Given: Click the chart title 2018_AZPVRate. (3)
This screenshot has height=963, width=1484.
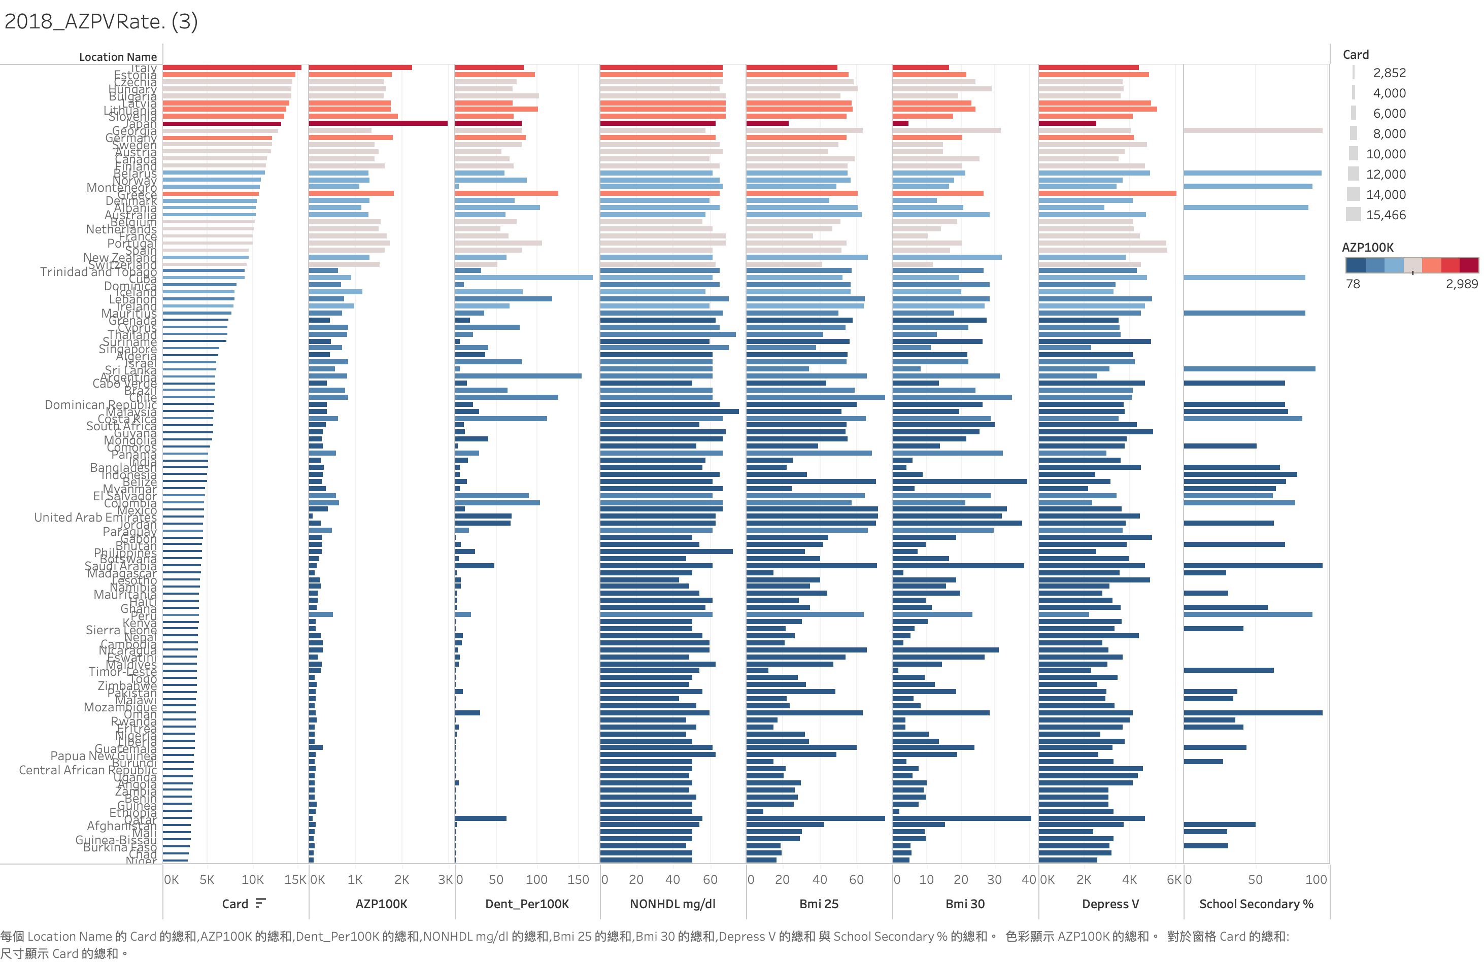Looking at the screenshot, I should click(101, 22).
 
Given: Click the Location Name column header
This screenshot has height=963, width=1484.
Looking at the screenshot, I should click(118, 57).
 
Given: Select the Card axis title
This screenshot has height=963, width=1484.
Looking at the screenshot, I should click(235, 904).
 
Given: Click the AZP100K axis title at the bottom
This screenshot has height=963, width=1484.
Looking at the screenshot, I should click(381, 904).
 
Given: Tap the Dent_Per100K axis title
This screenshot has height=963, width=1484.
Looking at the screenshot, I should click(527, 904).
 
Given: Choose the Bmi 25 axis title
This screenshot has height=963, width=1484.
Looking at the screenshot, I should click(819, 904).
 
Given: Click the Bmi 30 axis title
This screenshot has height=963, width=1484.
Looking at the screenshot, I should click(965, 904).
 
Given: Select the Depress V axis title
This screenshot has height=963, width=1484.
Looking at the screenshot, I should click(1110, 904).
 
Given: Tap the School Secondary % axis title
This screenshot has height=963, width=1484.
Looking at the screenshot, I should click(1256, 904).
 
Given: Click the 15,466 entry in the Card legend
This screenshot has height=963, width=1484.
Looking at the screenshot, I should click(1386, 215).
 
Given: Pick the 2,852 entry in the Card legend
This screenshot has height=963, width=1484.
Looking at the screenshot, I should click(1389, 73).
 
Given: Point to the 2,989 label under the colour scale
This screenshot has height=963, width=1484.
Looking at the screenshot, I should click(1461, 284).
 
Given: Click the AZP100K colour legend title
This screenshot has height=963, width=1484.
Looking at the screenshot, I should click(1367, 248).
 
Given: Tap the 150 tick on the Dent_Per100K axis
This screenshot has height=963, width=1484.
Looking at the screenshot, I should click(578, 879).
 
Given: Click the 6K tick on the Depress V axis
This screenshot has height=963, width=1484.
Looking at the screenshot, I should click(1173, 879).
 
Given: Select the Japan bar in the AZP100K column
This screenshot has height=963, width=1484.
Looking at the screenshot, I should click(378, 123).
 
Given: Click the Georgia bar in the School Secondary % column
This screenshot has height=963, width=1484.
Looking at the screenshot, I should click(1253, 130).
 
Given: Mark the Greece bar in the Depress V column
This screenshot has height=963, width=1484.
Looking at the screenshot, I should click(1107, 193).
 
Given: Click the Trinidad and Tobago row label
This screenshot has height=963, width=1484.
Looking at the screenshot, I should click(98, 272).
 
